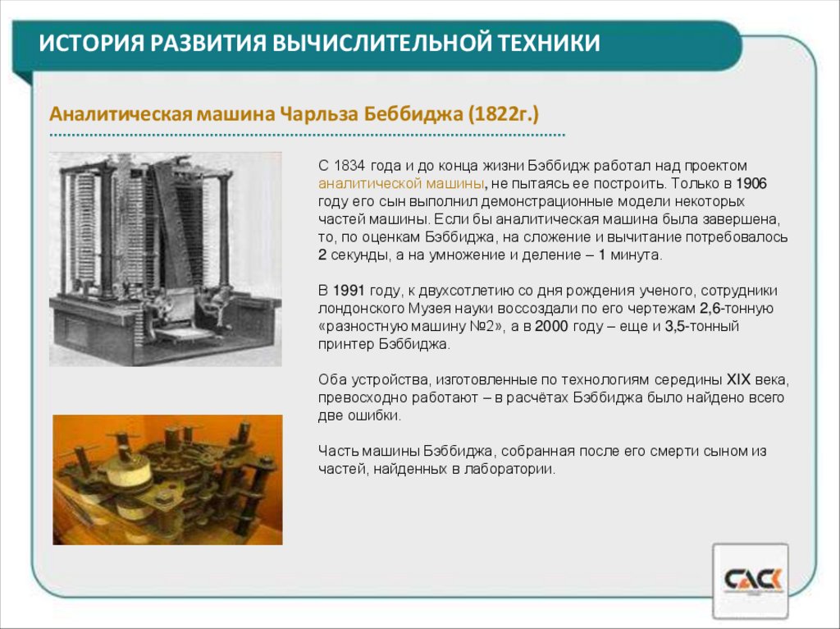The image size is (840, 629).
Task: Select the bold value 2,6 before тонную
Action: (710, 309)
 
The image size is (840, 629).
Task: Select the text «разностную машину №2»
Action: (405, 326)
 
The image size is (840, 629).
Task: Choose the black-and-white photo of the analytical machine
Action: (165, 259)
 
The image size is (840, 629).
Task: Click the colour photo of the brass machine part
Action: (167, 480)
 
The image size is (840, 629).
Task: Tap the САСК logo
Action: (751, 581)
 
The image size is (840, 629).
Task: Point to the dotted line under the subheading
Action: (307, 134)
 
